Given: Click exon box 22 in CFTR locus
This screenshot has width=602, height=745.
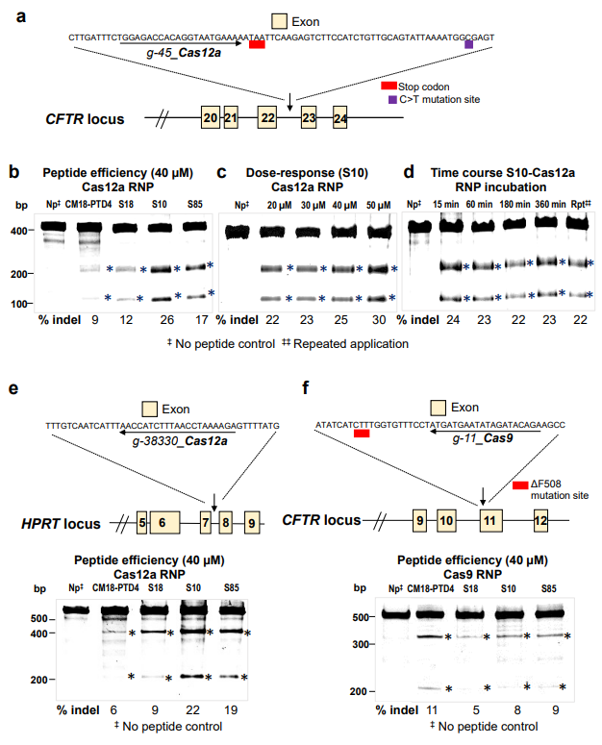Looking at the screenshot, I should (x=267, y=118).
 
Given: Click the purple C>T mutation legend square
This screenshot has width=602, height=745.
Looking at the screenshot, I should (x=392, y=99).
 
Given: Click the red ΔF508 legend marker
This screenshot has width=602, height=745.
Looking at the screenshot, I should (x=520, y=486).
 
